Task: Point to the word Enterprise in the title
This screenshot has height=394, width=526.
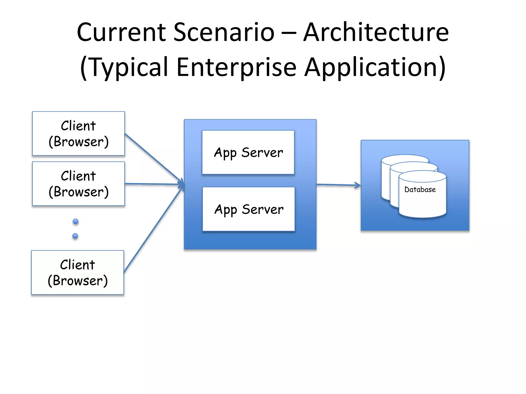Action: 237,67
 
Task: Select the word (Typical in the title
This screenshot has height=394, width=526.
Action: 124,67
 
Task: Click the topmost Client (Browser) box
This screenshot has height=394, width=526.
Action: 78,134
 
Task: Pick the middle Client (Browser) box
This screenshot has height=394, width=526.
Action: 78,184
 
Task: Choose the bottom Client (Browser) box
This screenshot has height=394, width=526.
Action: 78,272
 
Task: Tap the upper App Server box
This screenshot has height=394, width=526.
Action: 248,152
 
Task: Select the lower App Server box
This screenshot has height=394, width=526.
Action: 249,209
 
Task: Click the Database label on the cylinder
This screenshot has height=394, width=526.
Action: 420,190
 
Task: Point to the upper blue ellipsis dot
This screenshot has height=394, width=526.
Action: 76,221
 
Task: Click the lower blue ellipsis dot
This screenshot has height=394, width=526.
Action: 75,236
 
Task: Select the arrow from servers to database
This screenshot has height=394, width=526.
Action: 338,185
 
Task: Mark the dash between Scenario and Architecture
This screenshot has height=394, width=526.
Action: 289,33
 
